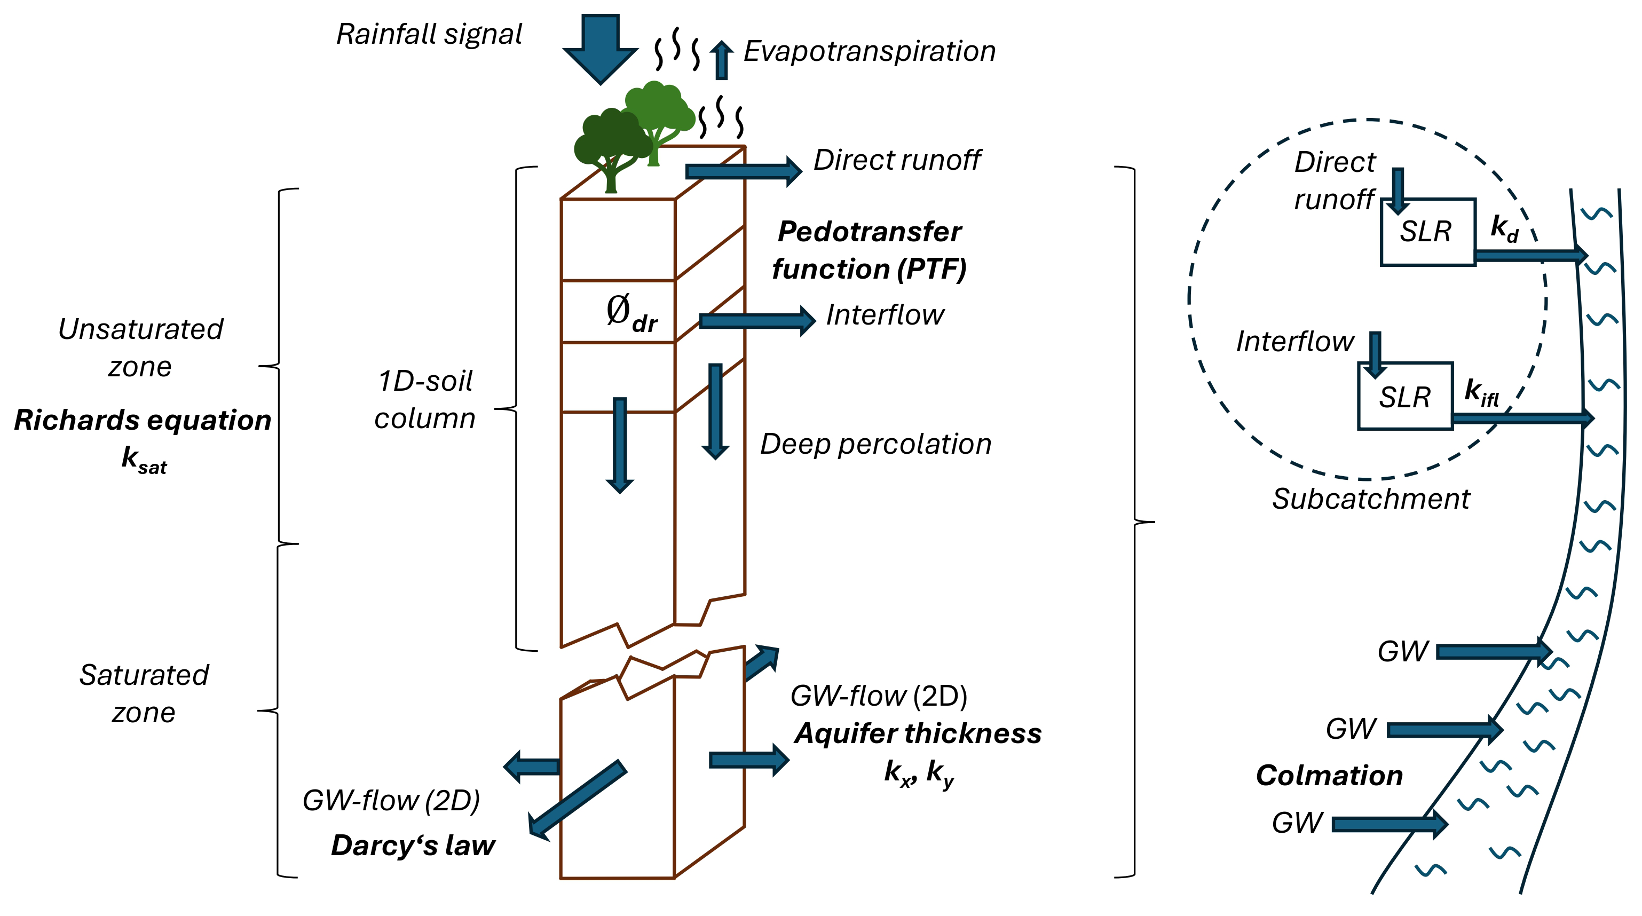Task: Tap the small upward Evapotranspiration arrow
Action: [x=721, y=60]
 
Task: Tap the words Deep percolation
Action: [x=875, y=444]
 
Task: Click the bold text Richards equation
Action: [x=143, y=420]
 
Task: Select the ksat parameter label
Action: [x=144, y=459]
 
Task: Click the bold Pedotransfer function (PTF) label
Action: [x=870, y=250]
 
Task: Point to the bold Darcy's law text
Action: [x=413, y=845]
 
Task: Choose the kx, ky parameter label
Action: [x=919, y=772]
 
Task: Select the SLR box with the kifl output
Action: [x=1405, y=397]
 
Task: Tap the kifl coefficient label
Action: [x=1481, y=391]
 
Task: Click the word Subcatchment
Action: [x=1370, y=499]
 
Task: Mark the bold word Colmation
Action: [x=1329, y=775]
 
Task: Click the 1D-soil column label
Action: [x=425, y=400]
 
